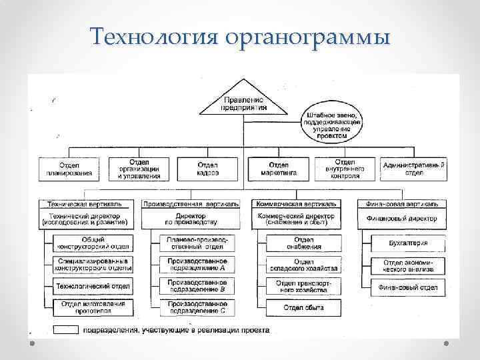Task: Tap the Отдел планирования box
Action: tap(69, 169)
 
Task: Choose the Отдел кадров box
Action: tap(207, 169)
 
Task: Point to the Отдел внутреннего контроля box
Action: tap(345, 169)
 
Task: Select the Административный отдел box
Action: tap(414, 169)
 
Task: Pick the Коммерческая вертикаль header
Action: tap(296, 203)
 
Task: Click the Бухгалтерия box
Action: tap(408, 243)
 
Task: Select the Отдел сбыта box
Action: tap(303, 307)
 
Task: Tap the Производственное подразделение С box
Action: tap(197, 307)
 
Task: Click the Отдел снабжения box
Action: tap(303, 243)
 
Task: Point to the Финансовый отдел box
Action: tap(408, 287)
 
